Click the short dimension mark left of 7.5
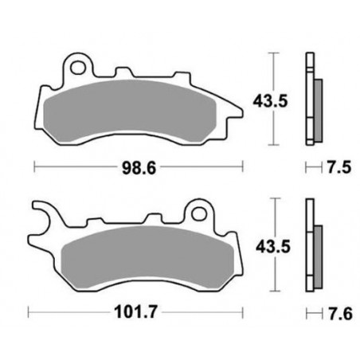[x=309, y=168]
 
